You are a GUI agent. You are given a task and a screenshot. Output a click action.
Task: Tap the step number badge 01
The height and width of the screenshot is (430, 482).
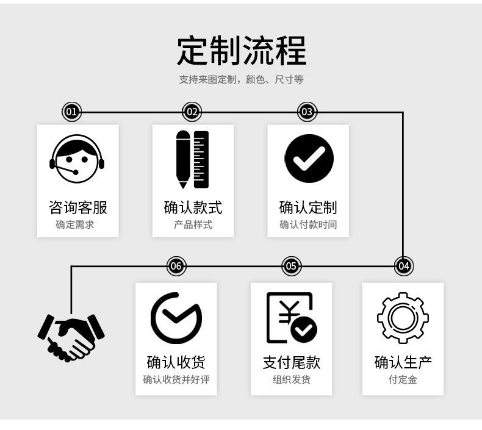pos(71,112)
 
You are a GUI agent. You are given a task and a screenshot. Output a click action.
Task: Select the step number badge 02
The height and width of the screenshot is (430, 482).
pos(192,112)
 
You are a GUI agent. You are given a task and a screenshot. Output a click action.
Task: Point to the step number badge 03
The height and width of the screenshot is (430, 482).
pos(307,112)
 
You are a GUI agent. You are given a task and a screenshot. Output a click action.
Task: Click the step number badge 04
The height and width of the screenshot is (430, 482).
pos(403,266)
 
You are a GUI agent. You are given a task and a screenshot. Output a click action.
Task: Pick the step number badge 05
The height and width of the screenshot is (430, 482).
pos(291,266)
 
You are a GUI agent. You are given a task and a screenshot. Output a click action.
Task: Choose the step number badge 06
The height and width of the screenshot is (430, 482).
pos(176,266)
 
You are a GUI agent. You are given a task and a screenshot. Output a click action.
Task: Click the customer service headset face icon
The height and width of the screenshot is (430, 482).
pos(77,159)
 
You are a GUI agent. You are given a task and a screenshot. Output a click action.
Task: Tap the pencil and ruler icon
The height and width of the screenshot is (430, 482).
pos(192,159)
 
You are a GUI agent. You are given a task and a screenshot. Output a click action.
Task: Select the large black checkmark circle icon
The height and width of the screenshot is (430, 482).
pos(308,159)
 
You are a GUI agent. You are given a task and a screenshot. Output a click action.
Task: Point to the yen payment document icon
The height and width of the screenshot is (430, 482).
pos(291,318)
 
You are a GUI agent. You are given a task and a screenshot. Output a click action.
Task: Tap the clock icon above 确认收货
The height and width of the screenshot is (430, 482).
pos(176,318)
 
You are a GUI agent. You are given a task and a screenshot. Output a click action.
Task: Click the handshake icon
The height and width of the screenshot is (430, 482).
pos(71,336)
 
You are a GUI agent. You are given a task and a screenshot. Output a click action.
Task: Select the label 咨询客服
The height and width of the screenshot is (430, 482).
pos(77,207)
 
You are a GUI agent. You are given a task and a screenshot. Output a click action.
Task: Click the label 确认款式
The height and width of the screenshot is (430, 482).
pos(193,207)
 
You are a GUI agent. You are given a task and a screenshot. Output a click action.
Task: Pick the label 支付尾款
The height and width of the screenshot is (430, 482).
pos(291,362)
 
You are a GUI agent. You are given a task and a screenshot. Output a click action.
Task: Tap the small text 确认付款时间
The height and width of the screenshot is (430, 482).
pos(308,225)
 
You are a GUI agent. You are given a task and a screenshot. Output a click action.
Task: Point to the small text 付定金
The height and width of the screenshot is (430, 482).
pos(403,380)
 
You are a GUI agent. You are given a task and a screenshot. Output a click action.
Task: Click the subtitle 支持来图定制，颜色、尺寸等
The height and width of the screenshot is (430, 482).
pos(241,80)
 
